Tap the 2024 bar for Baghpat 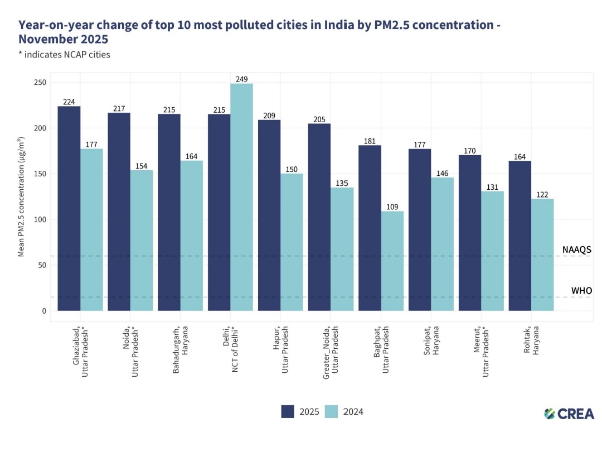pos(392,261)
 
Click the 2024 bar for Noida pos(142,240)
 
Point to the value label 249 pos(241,79)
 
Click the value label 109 pos(392,207)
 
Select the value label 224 pos(69,102)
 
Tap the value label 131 pos(492,187)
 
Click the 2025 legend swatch pos(288,411)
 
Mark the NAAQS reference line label pos(576,249)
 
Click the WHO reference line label pos(581,291)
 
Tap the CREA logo pos(569,414)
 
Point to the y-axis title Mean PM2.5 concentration pos(22,196)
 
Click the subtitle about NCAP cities pos(64,54)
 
